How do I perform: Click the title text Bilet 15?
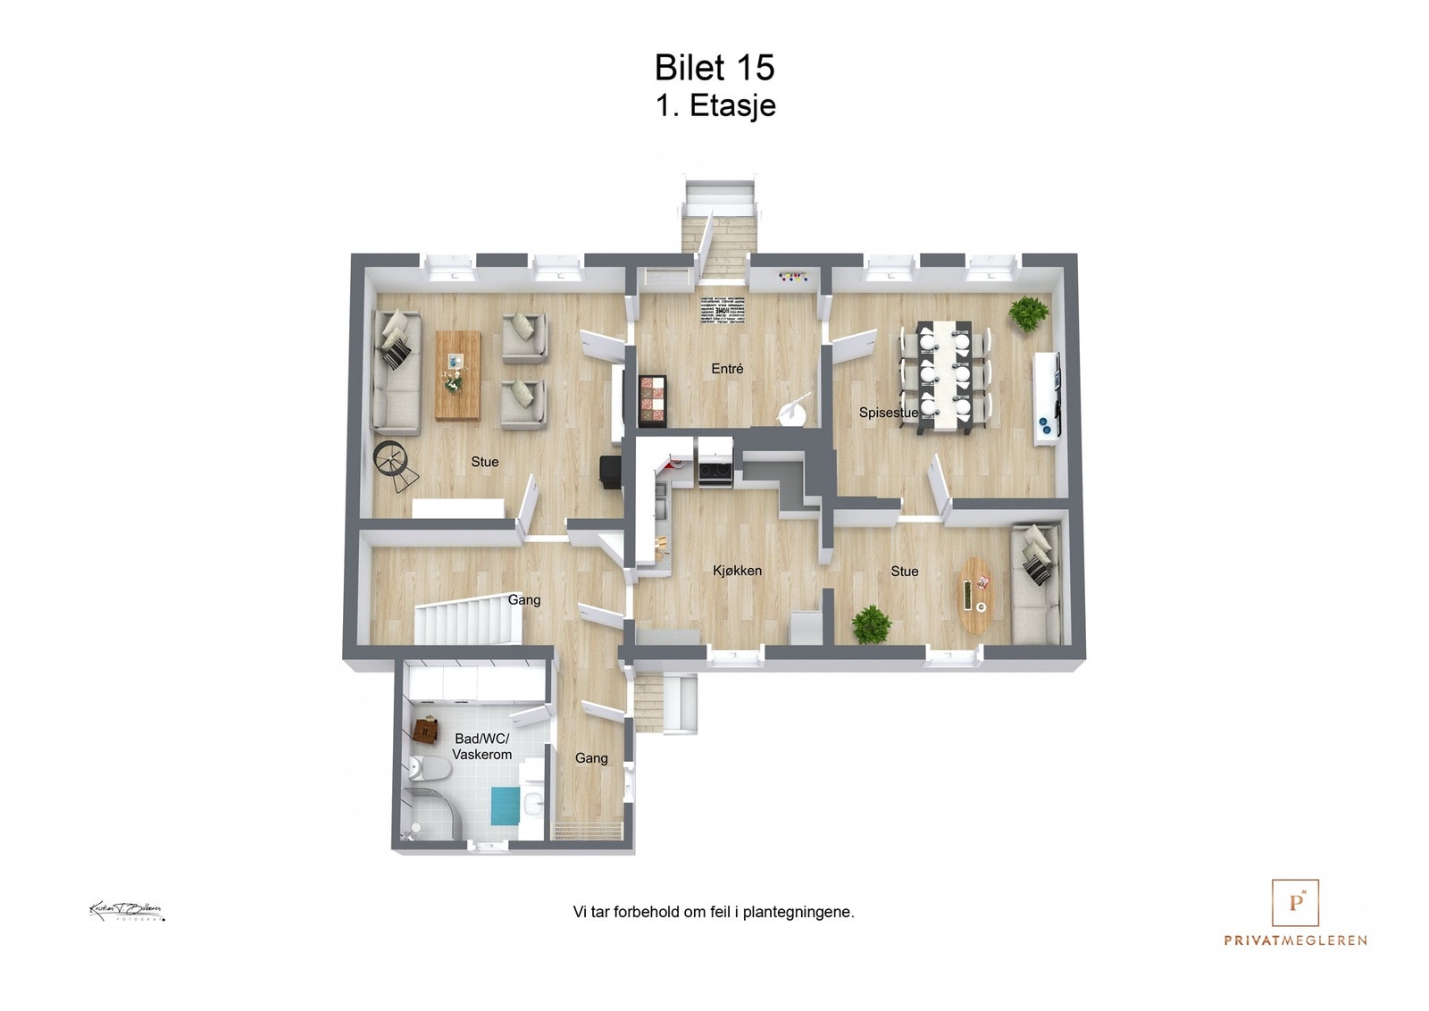(714, 68)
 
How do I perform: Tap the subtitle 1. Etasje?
(715, 105)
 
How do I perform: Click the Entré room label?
(727, 368)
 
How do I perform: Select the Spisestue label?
(888, 413)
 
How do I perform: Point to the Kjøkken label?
(737, 571)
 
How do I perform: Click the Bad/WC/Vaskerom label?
(481, 747)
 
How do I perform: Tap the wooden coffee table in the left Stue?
(457, 375)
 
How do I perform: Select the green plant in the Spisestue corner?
(1028, 313)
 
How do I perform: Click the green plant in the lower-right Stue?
(871, 623)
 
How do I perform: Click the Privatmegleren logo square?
(1295, 902)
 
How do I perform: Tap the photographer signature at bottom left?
(126, 911)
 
